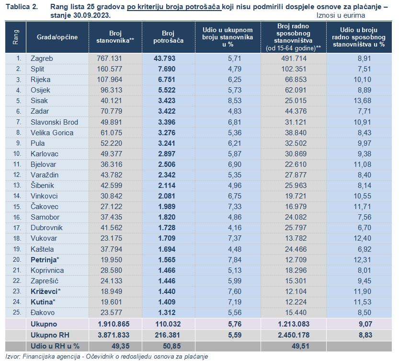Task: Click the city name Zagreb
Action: [x=42, y=58]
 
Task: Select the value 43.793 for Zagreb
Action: [x=164, y=58]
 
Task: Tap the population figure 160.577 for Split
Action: [x=109, y=69]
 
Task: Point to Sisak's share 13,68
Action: [x=362, y=101]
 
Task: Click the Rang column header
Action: [x=16, y=37]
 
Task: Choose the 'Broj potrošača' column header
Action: [x=168, y=37]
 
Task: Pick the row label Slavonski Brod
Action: [x=54, y=122]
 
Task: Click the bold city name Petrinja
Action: [x=44, y=260]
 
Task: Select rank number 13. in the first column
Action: [x=17, y=185]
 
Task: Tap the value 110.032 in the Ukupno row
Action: [x=168, y=324]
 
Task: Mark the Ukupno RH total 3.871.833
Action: [x=114, y=335]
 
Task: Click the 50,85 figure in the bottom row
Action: [x=172, y=346]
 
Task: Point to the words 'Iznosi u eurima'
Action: [x=341, y=15]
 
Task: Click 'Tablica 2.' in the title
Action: [x=22, y=7]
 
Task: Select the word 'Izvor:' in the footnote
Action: [x=13, y=356]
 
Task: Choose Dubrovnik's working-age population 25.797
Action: [x=296, y=228]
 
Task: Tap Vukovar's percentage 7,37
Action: [x=235, y=238]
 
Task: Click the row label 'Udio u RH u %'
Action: [x=55, y=346]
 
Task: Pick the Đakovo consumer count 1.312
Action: [x=167, y=313]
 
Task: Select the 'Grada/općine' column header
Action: [x=57, y=37]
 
